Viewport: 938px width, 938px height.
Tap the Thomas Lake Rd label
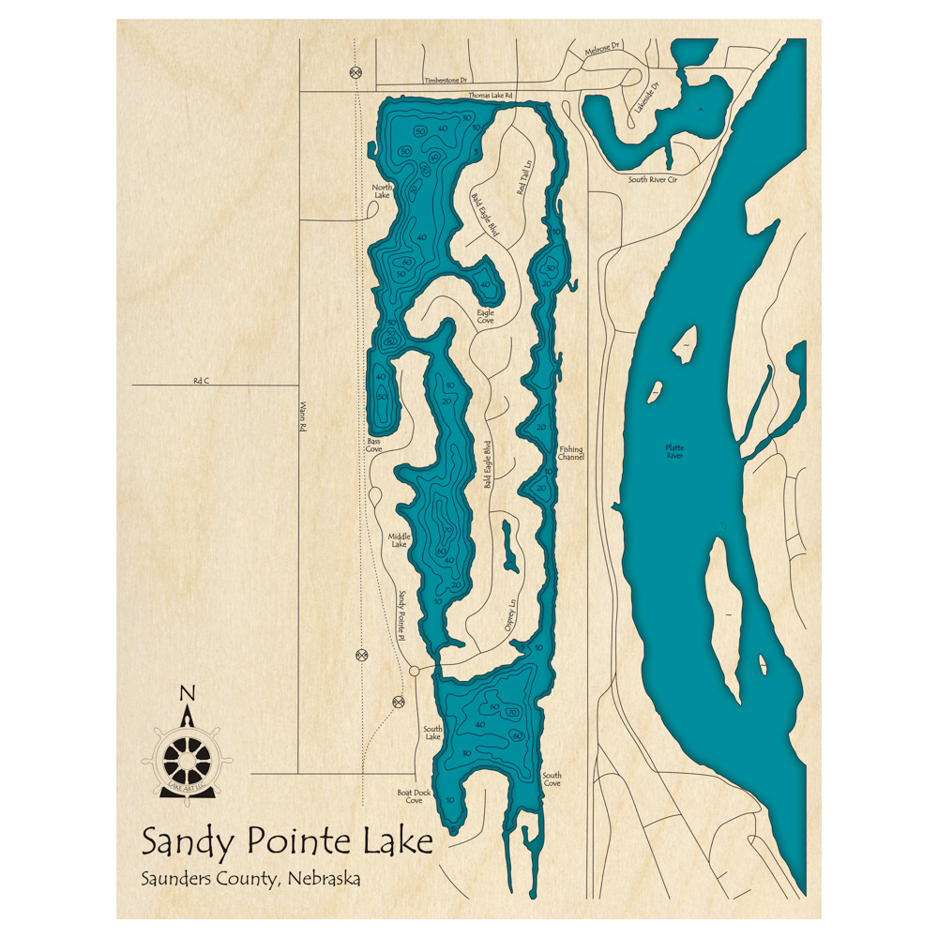point(491,96)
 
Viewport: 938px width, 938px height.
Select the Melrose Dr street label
point(603,50)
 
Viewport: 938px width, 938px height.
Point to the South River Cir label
point(652,179)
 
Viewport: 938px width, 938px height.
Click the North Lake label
point(382,190)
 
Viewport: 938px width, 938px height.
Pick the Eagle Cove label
point(485,317)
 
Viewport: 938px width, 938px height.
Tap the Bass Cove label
point(374,446)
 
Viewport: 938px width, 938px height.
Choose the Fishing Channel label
point(571,454)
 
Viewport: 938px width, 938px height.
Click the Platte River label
point(674,452)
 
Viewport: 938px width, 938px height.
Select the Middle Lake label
point(400,540)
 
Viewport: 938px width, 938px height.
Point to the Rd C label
point(201,380)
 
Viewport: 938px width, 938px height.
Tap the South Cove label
point(552,779)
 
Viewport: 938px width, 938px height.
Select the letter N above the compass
point(188,694)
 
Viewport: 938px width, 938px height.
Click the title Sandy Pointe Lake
point(287,841)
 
